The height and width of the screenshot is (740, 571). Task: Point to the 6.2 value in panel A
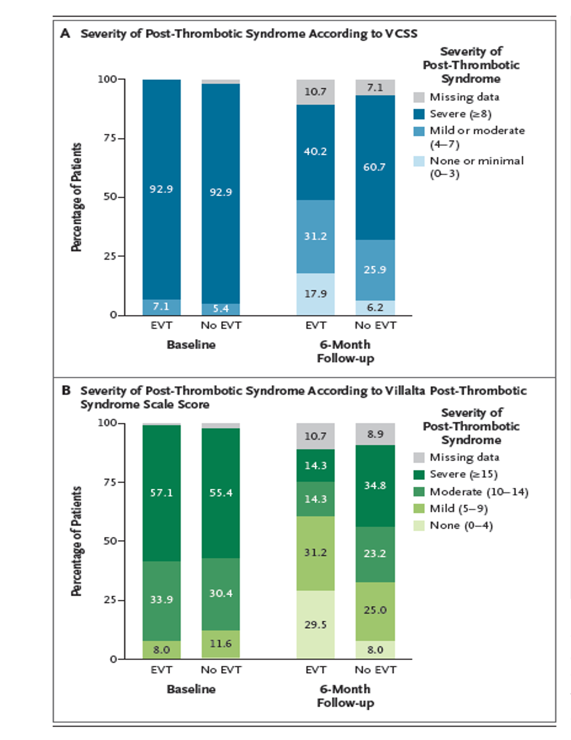tap(375, 308)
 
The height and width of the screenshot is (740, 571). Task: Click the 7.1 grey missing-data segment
tap(375, 88)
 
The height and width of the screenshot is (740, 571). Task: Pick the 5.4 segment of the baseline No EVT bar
tap(221, 309)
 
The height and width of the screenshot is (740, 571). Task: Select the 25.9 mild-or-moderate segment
tap(375, 270)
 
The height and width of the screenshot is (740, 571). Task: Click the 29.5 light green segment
tap(315, 624)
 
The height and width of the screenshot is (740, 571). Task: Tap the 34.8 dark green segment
tap(375, 486)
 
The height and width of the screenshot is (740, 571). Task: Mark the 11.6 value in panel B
tap(221, 643)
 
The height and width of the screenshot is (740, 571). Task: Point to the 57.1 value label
tap(162, 493)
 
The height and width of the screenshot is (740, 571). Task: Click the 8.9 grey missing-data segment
tap(375, 434)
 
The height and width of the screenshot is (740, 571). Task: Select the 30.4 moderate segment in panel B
tap(221, 593)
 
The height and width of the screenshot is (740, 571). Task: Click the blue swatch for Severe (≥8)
tap(419, 114)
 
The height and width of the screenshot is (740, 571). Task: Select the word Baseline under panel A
tap(191, 345)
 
